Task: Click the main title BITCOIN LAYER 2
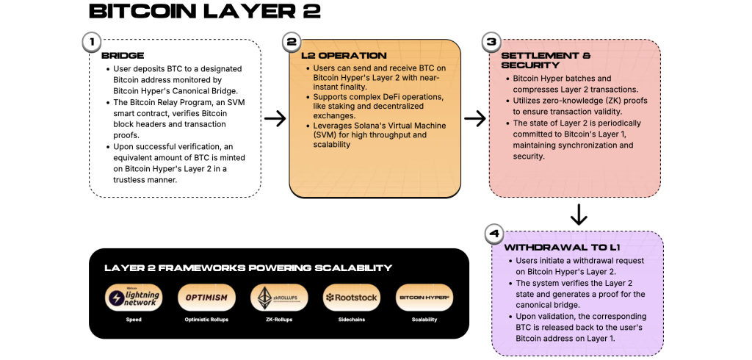(x=194, y=12)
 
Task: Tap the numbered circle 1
(x=91, y=43)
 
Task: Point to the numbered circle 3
(x=491, y=43)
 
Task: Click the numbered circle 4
(x=493, y=234)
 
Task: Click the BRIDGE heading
(x=123, y=56)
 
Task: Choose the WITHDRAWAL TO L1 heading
(x=552, y=248)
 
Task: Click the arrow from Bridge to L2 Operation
(x=275, y=119)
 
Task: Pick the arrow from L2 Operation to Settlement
(x=475, y=119)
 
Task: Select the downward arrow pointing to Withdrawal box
(x=579, y=215)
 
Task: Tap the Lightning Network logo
(x=133, y=298)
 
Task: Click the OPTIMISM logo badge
(x=206, y=298)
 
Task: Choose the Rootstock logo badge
(x=351, y=298)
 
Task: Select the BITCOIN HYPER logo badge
(x=424, y=298)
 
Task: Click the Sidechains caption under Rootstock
(x=351, y=320)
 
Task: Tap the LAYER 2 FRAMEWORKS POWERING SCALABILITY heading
(x=248, y=268)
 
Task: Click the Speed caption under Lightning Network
(x=133, y=320)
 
